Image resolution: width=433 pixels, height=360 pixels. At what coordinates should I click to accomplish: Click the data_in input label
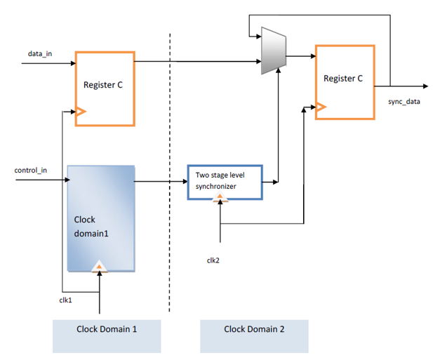[x=40, y=54]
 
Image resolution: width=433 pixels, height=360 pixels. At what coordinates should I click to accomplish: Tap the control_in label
[x=31, y=171]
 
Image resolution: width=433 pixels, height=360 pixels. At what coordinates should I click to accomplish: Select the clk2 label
[x=213, y=260]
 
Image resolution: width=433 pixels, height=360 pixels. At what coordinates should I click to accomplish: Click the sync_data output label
[x=404, y=101]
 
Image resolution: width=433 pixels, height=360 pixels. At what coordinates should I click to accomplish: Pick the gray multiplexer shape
[x=270, y=51]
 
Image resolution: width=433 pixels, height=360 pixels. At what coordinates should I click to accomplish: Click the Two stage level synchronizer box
[x=225, y=182]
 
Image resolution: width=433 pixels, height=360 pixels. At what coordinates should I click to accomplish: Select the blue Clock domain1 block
[x=100, y=218]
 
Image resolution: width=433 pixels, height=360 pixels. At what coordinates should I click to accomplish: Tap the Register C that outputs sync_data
[x=345, y=81]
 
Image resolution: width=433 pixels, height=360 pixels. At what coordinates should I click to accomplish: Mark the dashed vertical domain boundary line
[x=169, y=175]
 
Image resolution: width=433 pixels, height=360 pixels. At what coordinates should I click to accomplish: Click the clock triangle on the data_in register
[x=80, y=111]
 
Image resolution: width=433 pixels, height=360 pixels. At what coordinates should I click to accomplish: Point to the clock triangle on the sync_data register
[x=321, y=107]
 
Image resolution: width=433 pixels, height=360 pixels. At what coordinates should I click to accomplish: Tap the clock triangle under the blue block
[x=100, y=266]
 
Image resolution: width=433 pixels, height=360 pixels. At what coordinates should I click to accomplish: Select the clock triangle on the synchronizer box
[x=221, y=199]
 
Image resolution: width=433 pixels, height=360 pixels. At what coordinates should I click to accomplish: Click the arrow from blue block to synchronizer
[x=161, y=182]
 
